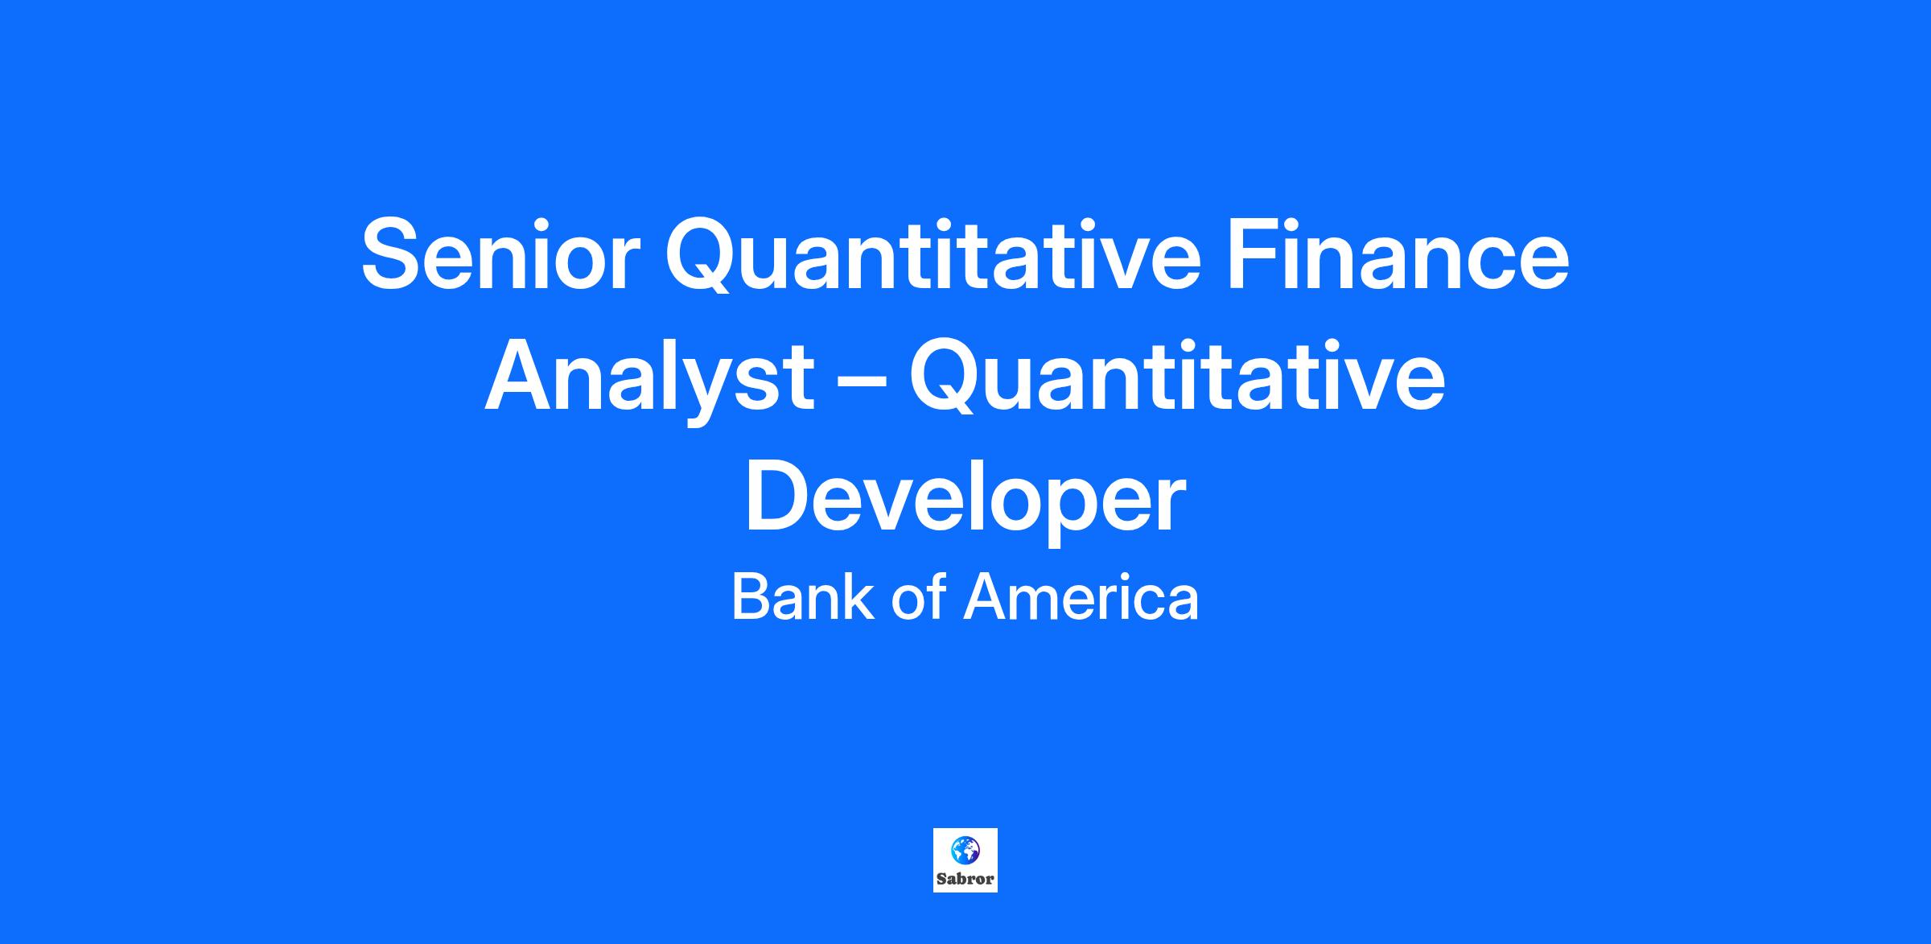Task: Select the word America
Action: point(1081,598)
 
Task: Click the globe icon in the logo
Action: point(965,849)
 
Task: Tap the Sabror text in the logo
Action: point(965,879)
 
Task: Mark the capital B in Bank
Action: point(751,598)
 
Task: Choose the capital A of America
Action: point(986,598)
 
